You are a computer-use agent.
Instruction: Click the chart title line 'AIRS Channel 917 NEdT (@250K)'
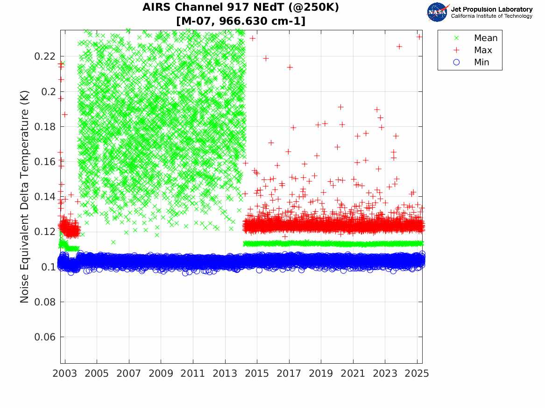pos(241,7)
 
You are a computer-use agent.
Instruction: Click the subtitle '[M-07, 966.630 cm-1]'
pos(241,21)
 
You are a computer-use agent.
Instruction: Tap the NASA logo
pos(437,12)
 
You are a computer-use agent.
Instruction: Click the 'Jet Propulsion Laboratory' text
pos(491,9)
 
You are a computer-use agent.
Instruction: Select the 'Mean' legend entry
pos(486,38)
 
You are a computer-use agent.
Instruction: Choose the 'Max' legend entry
pos(483,50)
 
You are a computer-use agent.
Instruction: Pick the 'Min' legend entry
pos(481,62)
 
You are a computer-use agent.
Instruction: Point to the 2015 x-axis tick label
pos(257,373)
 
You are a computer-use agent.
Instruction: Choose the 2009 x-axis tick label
pos(161,373)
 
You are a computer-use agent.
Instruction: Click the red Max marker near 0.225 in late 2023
pos(399,46)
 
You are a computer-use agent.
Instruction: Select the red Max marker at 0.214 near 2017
pos(290,67)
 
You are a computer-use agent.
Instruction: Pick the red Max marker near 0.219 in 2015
pos(266,58)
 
